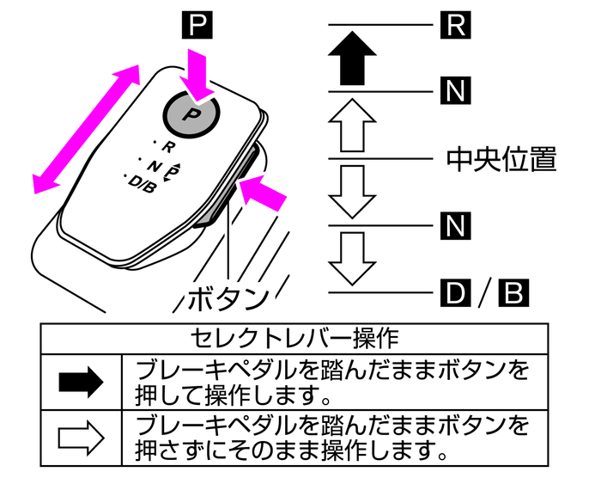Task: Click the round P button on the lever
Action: (x=191, y=113)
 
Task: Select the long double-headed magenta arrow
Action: (x=87, y=128)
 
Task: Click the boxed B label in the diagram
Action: (x=513, y=293)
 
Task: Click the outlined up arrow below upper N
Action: (x=352, y=126)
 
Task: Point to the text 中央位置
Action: (x=502, y=158)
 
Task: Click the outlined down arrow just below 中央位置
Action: (x=352, y=191)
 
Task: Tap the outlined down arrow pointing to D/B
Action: (x=352, y=258)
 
